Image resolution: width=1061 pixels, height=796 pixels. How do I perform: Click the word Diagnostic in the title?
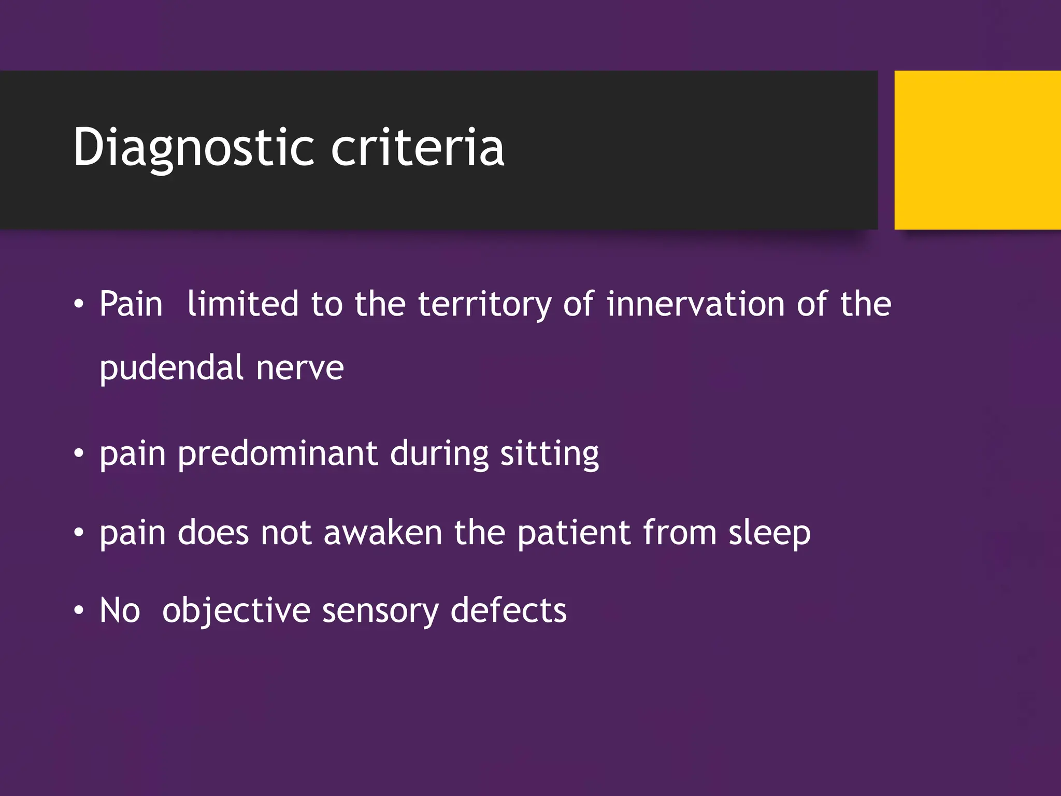pyautogui.click(x=193, y=148)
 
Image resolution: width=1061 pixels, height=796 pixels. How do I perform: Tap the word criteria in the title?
pyautogui.click(x=418, y=148)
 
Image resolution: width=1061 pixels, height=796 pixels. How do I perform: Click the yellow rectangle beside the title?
pyautogui.click(x=977, y=150)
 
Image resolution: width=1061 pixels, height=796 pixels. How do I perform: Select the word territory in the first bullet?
pyautogui.click(x=485, y=304)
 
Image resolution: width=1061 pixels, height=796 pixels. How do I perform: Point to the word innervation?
pyautogui.click(x=695, y=304)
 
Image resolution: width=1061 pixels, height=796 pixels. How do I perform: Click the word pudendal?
pyautogui.click(x=171, y=368)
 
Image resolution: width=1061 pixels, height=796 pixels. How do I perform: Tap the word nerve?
pyautogui.click(x=300, y=368)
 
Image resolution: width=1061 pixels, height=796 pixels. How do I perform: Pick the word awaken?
pyautogui.click(x=383, y=533)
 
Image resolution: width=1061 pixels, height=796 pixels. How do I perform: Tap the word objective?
pyautogui.click(x=236, y=610)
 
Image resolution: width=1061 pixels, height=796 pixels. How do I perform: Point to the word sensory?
pyautogui.click(x=380, y=610)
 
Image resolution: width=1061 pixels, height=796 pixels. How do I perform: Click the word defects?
pyautogui.click(x=509, y=610)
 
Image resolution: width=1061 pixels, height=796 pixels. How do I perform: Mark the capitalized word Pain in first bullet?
pyautogui.click(x=131, y=304)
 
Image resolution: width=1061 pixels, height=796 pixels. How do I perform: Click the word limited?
pyautogui.click(x=242, y=304)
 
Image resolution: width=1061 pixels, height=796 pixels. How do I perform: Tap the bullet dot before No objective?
pyautogui.click(x=78, y=611)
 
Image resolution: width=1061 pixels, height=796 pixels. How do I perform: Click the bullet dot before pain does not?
pyautogui.click(x=78, y=533)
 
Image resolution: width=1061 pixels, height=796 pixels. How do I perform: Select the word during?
pyautogui.click(x=439, y=454)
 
